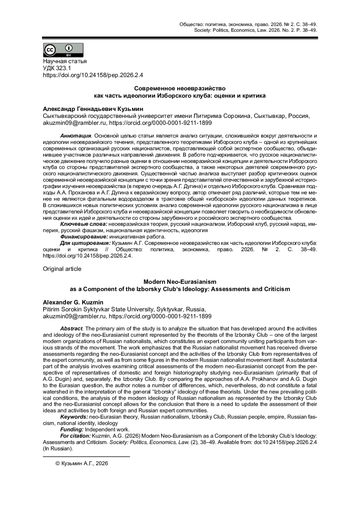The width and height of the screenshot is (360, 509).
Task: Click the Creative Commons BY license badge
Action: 63,50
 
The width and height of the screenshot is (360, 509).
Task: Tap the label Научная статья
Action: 65,61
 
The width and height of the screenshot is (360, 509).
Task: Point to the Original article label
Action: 62,269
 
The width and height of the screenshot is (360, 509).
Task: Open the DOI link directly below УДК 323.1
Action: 93,75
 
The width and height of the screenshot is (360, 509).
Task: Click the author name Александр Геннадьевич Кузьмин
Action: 93,109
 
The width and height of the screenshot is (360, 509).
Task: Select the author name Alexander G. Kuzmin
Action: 73,302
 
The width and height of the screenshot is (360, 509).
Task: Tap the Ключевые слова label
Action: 84,224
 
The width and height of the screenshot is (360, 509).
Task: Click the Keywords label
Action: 74,417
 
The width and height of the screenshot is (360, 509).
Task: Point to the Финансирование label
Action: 84,237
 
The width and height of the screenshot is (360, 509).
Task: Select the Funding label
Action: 72,430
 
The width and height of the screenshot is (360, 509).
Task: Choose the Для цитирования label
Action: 85,243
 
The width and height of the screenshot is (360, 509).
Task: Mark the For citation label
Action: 75,436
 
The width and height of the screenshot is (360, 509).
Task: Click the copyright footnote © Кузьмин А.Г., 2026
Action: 82,463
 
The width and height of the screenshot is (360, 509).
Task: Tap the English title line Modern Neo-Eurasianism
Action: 180,282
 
